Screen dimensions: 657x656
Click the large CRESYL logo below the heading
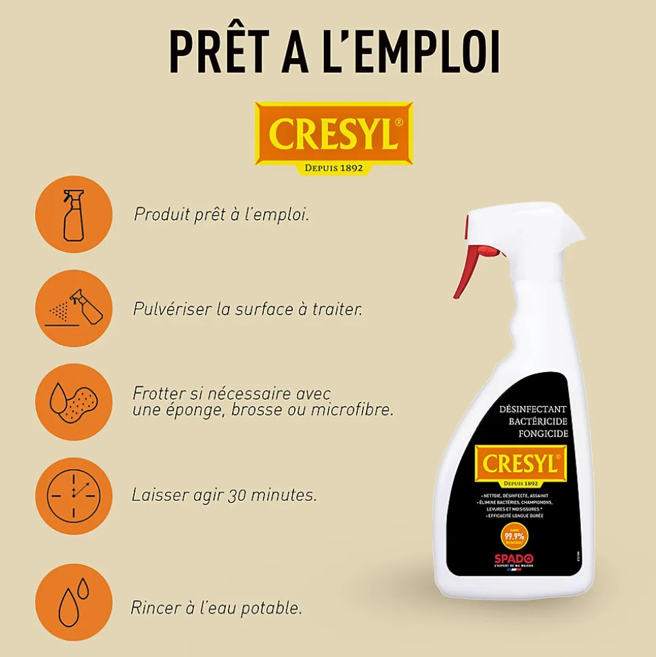[333, 133]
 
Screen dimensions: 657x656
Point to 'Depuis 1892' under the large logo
[333, 168]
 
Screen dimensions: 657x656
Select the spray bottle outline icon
[73, 214]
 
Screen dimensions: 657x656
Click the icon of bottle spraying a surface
[73, 308]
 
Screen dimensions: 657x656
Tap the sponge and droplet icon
[73, 402]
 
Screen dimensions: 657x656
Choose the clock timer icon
[73, 496]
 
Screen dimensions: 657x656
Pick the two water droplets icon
[73, 602]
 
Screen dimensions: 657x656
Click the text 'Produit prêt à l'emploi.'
[221, 214]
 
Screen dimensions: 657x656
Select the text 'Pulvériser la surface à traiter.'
[248, 309]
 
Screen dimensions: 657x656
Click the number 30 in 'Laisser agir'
[236, 495]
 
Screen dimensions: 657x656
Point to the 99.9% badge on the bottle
[514, 535]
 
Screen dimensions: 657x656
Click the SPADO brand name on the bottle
[514, 558]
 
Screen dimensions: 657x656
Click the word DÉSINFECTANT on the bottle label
[532, 410]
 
